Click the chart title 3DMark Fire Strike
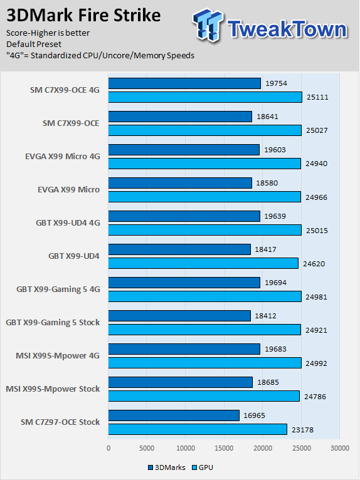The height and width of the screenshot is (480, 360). [x=83, y=15]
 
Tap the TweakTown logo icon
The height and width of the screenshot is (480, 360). [x=208, y=25]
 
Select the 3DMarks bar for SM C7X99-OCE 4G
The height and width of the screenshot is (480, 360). [x=184, y=83]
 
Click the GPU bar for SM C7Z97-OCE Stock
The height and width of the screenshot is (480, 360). [x=198, y=429]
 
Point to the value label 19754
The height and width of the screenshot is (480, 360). [x=277, y=83]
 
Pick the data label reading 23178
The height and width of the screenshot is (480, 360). [x=303, y=429]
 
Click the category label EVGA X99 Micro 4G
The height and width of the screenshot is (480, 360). [x=63, y=157]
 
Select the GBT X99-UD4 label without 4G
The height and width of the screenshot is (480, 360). [x=74, y=256]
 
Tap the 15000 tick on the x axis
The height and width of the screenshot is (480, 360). [x=224, y=448]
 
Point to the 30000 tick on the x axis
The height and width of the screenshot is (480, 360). [x=339, y=448]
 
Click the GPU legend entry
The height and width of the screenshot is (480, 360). [x=202, y=467]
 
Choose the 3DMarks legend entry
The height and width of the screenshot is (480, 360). [x=167, y=467]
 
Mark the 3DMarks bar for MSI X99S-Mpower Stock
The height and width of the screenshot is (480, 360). [x=181, y=382]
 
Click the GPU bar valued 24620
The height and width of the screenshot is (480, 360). [x=203, y=263]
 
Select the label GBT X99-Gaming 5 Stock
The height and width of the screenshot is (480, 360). [x=53, y=323]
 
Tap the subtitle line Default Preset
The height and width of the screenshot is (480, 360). [x=34, y=44]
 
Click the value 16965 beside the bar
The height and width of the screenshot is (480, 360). [x=254, y=415]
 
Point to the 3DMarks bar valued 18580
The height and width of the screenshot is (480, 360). [x=180, y=183]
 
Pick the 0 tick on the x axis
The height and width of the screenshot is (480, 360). [x=109, y=448]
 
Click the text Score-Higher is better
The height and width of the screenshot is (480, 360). [x=48, y=33]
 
